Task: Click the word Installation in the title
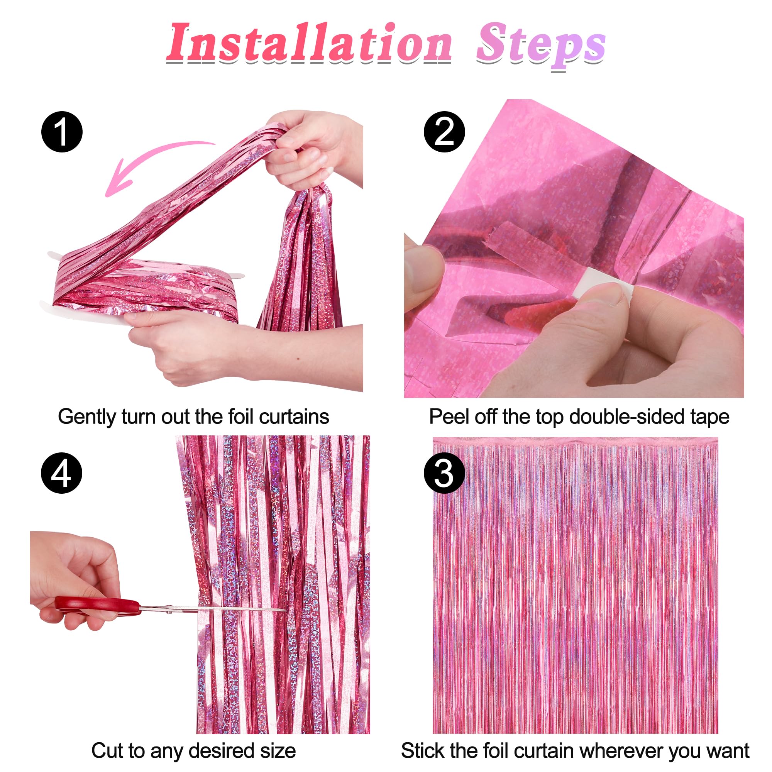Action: tap(310, 43)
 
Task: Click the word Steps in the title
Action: tap(541, 45)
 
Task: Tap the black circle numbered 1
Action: tap(62, 132)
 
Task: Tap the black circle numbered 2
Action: tap(444, 132)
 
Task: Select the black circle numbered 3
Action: tap(444, 474)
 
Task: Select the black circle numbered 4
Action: tap(61, 474)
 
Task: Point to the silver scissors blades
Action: tap(212, 610)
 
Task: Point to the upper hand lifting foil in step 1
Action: tap(316, 148)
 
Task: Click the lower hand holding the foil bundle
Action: tap(192, 344)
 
